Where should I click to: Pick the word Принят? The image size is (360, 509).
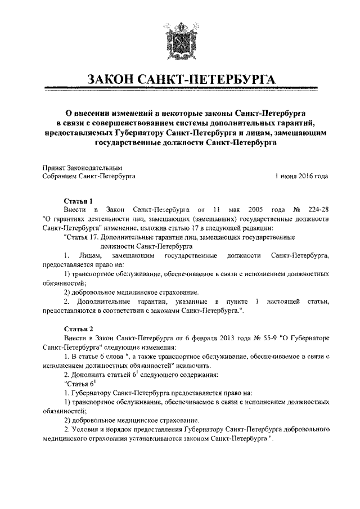54,167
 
